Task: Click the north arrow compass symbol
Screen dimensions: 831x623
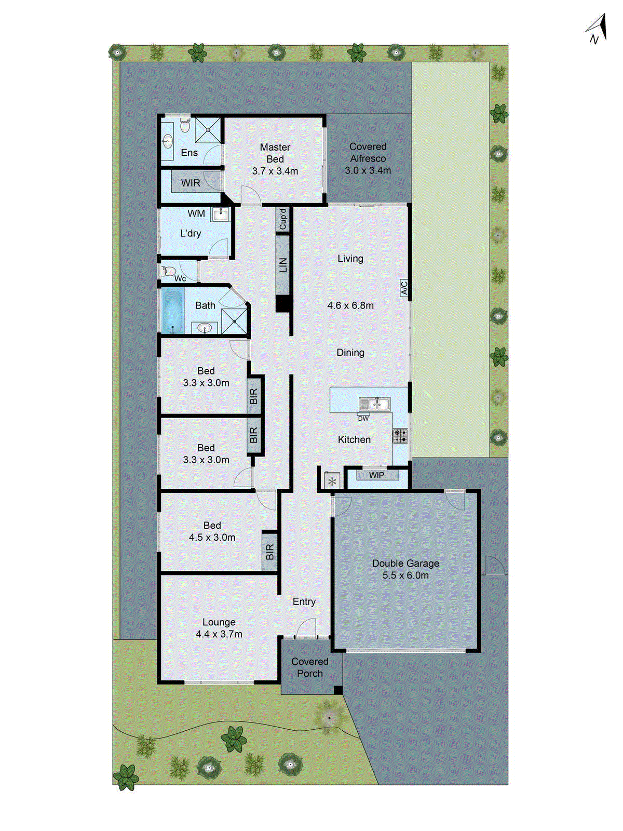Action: point(597,30)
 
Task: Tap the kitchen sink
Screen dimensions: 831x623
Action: point(374,404)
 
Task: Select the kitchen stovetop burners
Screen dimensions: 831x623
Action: point(400,436)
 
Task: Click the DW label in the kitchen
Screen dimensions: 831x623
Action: point(363,418)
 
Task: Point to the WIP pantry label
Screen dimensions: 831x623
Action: point(377,475)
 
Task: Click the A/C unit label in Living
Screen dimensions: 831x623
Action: point(404,288)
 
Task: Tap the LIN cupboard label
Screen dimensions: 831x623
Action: point(283,265)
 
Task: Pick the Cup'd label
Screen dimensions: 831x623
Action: point(283,219)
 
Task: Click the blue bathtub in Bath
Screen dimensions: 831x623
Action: point(172,311)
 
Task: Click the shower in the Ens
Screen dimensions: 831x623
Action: point(208,130)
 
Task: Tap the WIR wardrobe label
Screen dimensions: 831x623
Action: point(191,183)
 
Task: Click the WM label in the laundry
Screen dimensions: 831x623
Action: point(196,213)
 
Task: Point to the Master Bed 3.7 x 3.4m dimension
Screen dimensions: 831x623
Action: point(275,171)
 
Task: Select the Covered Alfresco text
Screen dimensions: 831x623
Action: point(368,153)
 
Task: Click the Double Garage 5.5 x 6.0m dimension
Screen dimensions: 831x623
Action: point(405,575)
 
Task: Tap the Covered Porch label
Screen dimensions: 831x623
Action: point(310,667)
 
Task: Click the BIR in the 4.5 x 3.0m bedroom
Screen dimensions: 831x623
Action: point(269,552)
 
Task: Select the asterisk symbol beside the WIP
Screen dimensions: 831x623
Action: point(332,481)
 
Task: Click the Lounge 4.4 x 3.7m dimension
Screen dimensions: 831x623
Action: point(219,634)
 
